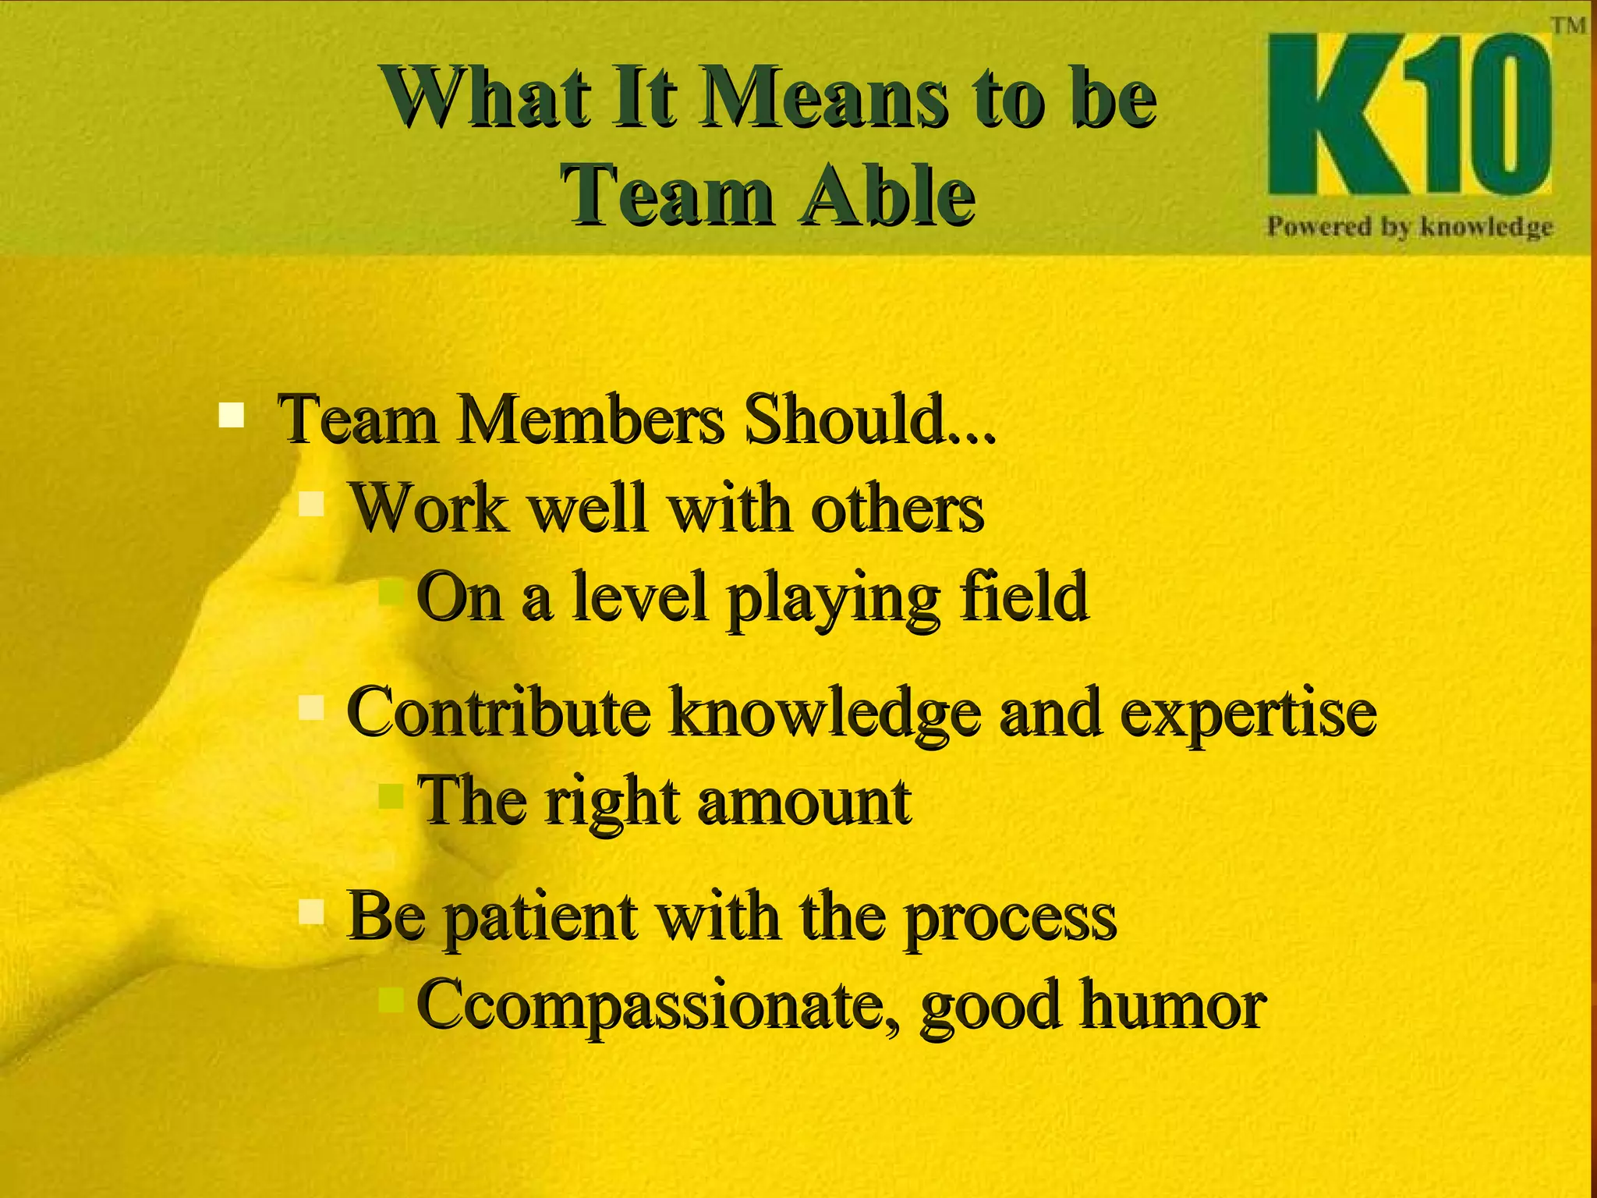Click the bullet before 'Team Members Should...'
click(x=231, y=414)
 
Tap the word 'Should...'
click(x=870, y=421)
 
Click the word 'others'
click(x=897, y=510)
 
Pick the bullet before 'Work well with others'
click(x=311, y=504)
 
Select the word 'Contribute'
click(x=498, y=713)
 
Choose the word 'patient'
click(x=541, y=919)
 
